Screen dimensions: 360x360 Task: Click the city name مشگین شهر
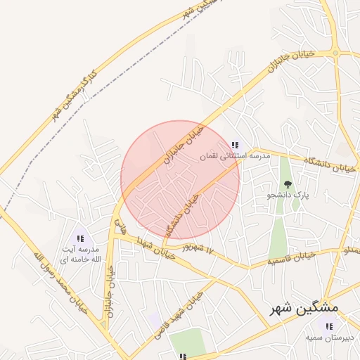click(304, 308)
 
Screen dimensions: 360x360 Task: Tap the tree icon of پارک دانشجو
click(287, 184)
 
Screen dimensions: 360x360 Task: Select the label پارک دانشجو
click(291, 195)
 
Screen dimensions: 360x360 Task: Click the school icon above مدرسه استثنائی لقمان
click(235, 145)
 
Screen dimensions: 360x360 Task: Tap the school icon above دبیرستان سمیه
click(328, 326)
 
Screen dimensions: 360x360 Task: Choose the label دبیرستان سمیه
click(328, 337)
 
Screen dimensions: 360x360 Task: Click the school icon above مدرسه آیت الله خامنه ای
click(79, 239)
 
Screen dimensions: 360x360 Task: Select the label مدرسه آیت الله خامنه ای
click(79, 255)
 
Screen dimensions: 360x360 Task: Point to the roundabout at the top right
click(335, 52)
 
